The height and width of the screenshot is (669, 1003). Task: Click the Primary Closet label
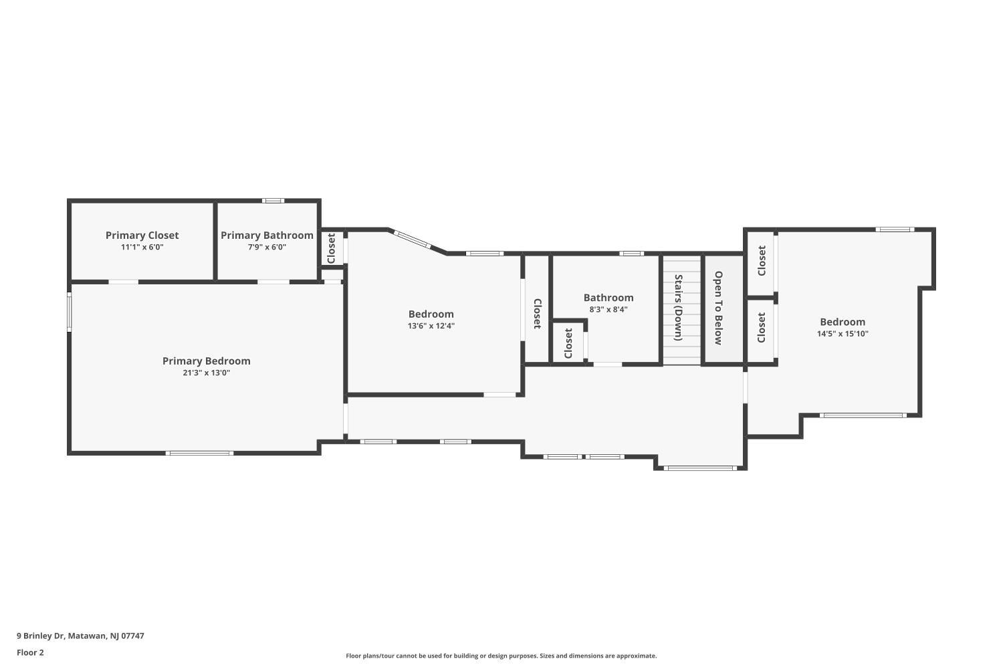pos(142,235)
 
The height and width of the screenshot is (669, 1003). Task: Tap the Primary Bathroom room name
pos(267,235)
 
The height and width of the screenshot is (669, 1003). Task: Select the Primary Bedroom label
pos(207,361)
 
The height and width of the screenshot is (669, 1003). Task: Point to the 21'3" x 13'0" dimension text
pos(207,373)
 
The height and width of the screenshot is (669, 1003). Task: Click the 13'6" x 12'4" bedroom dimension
pos(431,326)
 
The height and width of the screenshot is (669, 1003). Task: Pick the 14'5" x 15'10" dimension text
pos(843,334)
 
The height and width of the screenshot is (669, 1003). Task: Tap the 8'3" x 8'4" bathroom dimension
pos(608,310)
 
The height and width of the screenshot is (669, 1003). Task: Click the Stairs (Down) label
pos(679,307)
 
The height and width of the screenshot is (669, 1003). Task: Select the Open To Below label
pos(719,308)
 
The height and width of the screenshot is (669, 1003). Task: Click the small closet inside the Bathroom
pos(568,343)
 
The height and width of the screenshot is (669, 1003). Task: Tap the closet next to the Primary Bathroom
pos(332,248)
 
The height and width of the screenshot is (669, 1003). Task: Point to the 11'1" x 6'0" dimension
pos(142,247)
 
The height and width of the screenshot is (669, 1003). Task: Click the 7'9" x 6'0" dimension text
pos(267,247)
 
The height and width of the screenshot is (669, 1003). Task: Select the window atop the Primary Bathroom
pos(273,201)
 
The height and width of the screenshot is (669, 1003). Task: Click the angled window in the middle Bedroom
pos(413,240)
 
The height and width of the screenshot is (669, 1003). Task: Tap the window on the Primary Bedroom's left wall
pos(70,312)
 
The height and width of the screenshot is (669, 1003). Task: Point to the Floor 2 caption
pos(31,653)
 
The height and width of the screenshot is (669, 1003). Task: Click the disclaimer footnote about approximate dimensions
pos(501,656)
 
